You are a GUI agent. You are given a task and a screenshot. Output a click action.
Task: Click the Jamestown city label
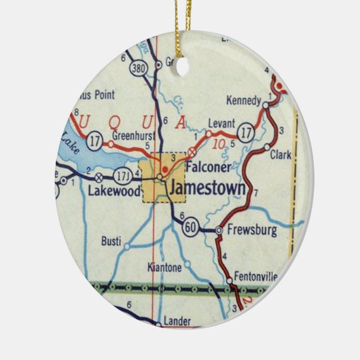(206, 188)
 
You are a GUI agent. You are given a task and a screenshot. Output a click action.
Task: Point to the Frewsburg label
(252, 231)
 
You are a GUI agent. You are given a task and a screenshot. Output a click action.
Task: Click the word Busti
(111, 240)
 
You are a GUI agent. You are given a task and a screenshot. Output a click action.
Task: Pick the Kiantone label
(164, 268)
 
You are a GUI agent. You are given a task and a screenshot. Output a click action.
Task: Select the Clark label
(281, 155)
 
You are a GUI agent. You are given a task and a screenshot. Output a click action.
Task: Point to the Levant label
(222, 124)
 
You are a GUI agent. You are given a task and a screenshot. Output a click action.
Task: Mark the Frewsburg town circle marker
(218, 231)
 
